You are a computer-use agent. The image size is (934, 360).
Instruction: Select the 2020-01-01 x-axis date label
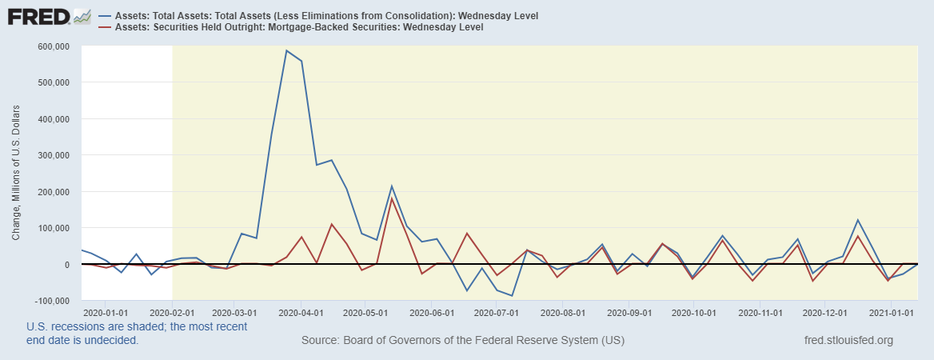click(x=105, y=312)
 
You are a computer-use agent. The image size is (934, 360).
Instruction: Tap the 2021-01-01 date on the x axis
click(x=891, y=312)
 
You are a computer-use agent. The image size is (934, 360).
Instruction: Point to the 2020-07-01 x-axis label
click(x=497, y=312)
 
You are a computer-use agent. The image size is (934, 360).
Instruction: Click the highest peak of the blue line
click(x=286, y=50)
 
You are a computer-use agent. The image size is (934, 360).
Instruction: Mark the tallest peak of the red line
click(x=392, y=198)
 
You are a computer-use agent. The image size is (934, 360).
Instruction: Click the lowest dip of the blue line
click(x=512, y=296)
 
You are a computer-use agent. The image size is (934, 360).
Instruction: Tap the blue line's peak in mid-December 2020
click(x=858, y=220)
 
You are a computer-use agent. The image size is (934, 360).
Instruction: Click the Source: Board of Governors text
click(x=463, y=340)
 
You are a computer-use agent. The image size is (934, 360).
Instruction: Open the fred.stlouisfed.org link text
click(x=848, y=340)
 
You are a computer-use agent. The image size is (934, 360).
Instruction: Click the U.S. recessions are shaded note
click(x=136, y=333)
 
